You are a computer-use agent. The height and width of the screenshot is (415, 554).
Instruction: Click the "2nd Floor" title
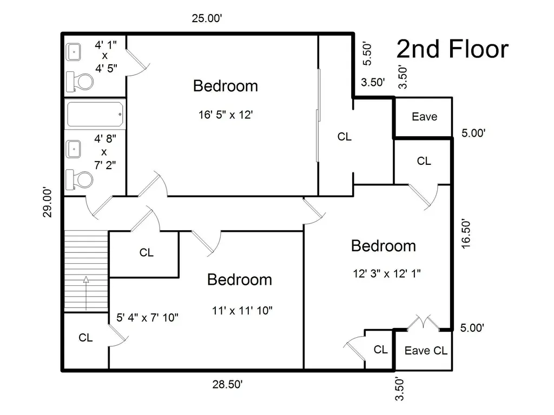pyautogui.click(x=453, y=49)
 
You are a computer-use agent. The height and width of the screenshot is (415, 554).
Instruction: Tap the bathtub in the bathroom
pyautogui.click(x=95, y=115)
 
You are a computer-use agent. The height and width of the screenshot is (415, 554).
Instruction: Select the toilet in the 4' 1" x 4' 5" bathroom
pyautogui.click(x=80, y=82)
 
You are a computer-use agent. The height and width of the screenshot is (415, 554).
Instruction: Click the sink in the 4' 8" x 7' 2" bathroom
pyautogui.click(x=74, y=149)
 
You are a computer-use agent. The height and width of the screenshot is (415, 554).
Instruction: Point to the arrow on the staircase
pyautogui.click(x=86, y=293)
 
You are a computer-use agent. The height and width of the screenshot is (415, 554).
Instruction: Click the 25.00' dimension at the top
pyautogui.click(x=207, y=18)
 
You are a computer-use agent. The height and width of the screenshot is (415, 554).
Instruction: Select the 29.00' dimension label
pyautogui.click(x=48, y=202)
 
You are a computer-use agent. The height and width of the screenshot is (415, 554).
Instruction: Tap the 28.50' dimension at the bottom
pyautogui.click(x=227, y=384)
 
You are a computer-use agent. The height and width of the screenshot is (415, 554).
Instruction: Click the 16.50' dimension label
pyautogui.click(x=466, y=234)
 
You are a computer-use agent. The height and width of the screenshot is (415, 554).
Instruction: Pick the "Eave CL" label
pyautogui.click(x=426, y=350)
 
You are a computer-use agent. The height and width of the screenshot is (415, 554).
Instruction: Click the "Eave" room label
pyautogui.click(x=424, y=117)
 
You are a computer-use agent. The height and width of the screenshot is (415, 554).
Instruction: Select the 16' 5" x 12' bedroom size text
pyautogui.click(x=226, y=115)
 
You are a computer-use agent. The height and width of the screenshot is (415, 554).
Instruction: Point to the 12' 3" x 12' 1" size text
pyautogui.click(x=386, y=273)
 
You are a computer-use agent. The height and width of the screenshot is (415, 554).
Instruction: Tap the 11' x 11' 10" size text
pyautogui.click(x=242, y=311)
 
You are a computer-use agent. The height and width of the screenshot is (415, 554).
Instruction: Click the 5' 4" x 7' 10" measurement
pyautogui.click(x=147, y=318)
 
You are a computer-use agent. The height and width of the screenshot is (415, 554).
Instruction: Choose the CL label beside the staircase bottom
pyautogui.click(x=85, y=338)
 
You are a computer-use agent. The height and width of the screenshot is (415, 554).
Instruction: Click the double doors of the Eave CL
pyautogui.click(x=423, y=322)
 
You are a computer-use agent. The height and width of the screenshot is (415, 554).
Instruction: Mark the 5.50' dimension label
pyautogui.click(x=367, y=54)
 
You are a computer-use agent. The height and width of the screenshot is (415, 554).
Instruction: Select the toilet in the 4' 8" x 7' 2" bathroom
pyautogui.click(x=80, y=179)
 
